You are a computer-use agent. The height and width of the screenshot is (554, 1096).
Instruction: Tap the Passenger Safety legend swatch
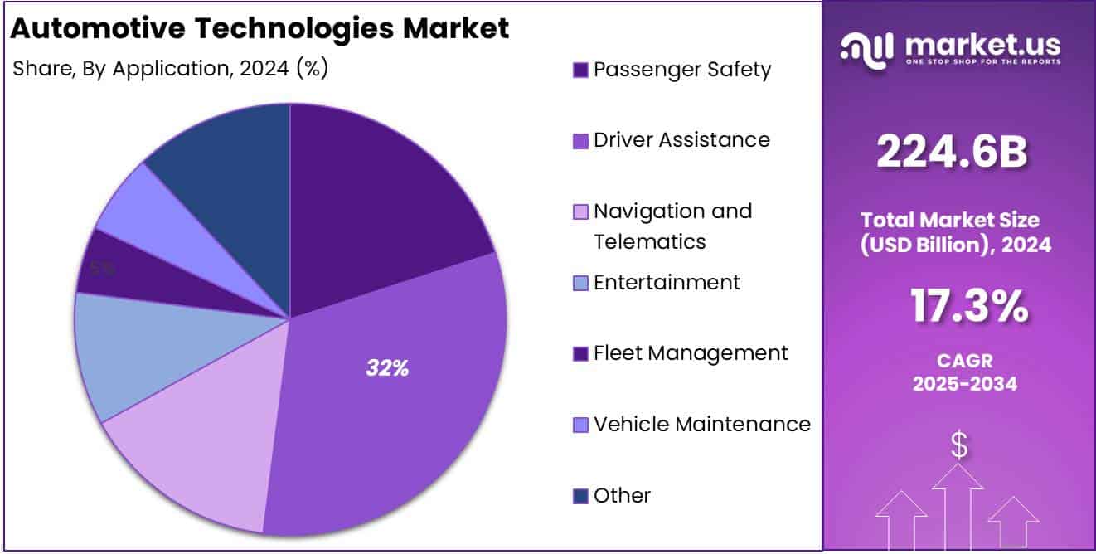[580, 70]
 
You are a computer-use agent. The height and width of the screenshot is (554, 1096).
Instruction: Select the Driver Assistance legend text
[681, 140]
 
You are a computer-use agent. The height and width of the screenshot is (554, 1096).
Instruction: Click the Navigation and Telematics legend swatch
[580, 212]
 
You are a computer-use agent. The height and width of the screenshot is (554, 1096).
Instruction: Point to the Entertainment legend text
[667, 283]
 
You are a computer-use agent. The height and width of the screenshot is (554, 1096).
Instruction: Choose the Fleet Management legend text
[691, 353]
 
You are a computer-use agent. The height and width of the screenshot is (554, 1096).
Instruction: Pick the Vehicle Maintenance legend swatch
[580, 425]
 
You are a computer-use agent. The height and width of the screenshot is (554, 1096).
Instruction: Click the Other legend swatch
[580, 497]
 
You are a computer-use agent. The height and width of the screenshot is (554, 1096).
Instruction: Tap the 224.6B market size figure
[952, 153]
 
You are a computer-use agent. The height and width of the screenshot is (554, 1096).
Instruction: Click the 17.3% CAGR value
[969, 306]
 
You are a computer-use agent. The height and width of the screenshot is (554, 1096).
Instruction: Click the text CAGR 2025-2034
[964, 372]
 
